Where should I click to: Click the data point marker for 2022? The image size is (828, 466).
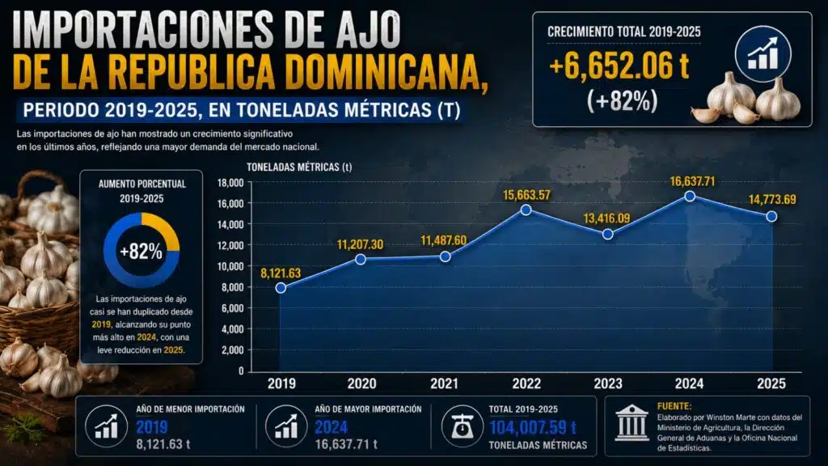(x=526, y=210)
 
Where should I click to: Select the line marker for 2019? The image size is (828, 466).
(x=281, y=287)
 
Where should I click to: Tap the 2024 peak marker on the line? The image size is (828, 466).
(x=690, y=196)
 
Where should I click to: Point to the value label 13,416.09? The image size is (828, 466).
(x=606, y=218)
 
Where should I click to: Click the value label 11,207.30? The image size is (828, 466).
(x=360, y=244)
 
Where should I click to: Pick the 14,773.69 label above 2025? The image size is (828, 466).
(x=772, y=200)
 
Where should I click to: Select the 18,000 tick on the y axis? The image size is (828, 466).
(x=230, y=183)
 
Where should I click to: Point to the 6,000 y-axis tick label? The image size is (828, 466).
(x=232, y=308)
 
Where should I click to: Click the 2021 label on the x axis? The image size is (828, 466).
(x=444, y=383)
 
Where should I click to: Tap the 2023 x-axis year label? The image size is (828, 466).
(x=608, y=383)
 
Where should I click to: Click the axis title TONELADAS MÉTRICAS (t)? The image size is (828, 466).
(x=299, y=167)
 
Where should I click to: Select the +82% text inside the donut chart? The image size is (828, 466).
(x=141, y=252)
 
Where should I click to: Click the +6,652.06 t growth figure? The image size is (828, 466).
(x=619, y=66)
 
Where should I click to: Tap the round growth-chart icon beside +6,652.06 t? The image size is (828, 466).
(x=763, y=54)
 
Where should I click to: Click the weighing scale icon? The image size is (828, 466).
(x=463, y=426)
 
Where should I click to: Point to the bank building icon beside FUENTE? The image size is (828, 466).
(x=632, y=423)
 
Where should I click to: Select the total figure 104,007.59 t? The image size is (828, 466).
(x=533, y=427)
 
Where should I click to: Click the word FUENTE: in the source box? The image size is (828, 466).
(x=674, y=406)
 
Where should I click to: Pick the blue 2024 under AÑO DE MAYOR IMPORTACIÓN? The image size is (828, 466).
(x=331, y=427)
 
